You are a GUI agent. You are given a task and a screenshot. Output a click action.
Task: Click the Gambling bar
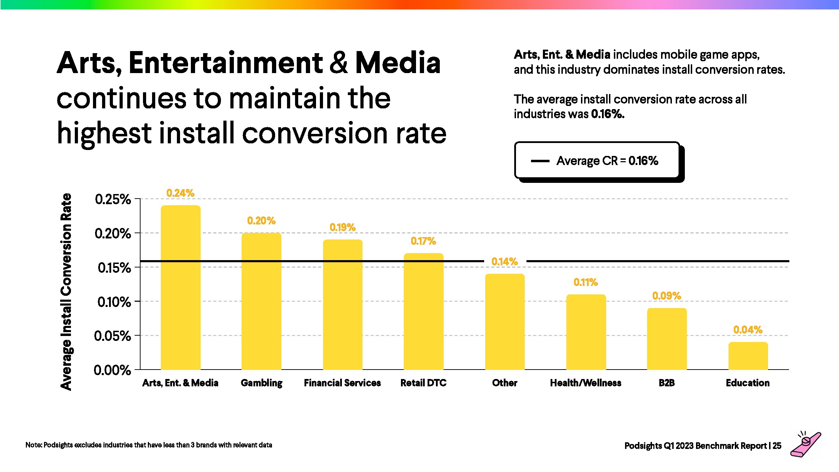pos(261,301)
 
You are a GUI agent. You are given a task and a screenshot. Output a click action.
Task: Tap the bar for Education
pos(748,356)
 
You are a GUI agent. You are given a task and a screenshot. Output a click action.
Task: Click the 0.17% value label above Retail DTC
pos(423,241)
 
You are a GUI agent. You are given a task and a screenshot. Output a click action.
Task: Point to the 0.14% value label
pos(504,262)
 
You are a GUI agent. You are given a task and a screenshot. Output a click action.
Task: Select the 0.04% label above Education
pos(748,330)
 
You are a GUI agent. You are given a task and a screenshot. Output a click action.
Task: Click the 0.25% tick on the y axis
pos(113,199)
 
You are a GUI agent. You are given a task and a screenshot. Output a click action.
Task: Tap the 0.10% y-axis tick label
pos(114,302)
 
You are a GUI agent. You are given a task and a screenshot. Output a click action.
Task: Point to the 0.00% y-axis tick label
pos(112,370)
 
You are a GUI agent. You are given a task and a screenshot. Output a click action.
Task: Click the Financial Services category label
pos(342,383)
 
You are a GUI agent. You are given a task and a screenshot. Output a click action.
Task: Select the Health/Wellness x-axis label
pos(586,383)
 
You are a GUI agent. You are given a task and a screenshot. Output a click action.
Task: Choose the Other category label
pos(504,383)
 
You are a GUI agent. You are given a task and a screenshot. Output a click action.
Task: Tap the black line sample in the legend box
pos(540,161)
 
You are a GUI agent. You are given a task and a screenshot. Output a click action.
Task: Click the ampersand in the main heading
pos(339,63)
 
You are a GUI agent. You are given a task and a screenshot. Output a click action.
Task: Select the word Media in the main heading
pos(398,63)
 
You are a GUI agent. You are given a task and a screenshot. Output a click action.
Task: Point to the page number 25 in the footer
pos(777,446)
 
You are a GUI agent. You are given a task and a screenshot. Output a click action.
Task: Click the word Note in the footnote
pos(33,445)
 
